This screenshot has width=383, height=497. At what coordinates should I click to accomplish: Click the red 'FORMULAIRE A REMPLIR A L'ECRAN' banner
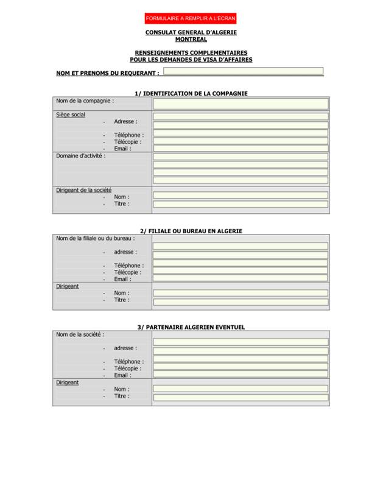(191, 18)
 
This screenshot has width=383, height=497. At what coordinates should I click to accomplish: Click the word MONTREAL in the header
(191, 40)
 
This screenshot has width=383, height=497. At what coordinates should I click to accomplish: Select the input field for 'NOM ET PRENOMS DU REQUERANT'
(243, 71)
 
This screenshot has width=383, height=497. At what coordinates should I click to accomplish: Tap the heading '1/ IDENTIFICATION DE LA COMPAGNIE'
(191, 93)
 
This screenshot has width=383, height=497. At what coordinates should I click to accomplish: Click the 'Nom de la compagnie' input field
(240, 103)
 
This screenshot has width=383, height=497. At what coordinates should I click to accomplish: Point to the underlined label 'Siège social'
(71, 115)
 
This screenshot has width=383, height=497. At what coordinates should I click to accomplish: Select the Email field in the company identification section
(240, 148)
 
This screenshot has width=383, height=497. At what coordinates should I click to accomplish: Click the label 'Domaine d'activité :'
(80, 156)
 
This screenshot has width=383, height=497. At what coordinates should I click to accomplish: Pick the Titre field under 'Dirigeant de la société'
(240, 204)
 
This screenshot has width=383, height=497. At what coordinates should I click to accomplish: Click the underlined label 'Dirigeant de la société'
(83, 190)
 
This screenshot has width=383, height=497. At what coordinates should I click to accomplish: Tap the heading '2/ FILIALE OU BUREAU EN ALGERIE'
(191, 231)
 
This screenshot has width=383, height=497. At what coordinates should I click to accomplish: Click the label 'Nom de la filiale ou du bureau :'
(95, 238)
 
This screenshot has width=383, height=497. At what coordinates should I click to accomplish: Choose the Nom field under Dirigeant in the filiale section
(240, 293)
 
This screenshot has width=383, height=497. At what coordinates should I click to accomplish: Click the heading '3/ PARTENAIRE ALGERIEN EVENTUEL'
(191, 327)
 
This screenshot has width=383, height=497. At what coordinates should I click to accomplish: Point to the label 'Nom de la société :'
(80, 334)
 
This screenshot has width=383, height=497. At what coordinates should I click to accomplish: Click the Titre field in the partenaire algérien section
(240, 397)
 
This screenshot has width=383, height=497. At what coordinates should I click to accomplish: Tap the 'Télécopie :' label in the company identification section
(127, 142)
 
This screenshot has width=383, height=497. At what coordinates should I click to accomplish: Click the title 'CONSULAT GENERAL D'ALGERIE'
(191, 32)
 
